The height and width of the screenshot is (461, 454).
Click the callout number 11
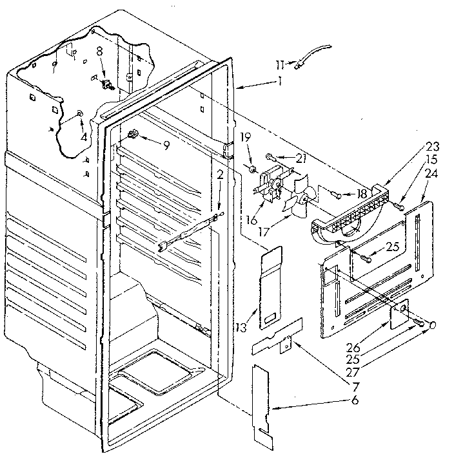point(279,64)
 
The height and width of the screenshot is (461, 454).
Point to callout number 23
point(395,146)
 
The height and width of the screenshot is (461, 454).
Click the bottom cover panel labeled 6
point(263,405)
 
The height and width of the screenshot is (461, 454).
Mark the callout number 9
point(166,146)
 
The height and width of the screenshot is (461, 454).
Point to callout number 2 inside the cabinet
point(220,174)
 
